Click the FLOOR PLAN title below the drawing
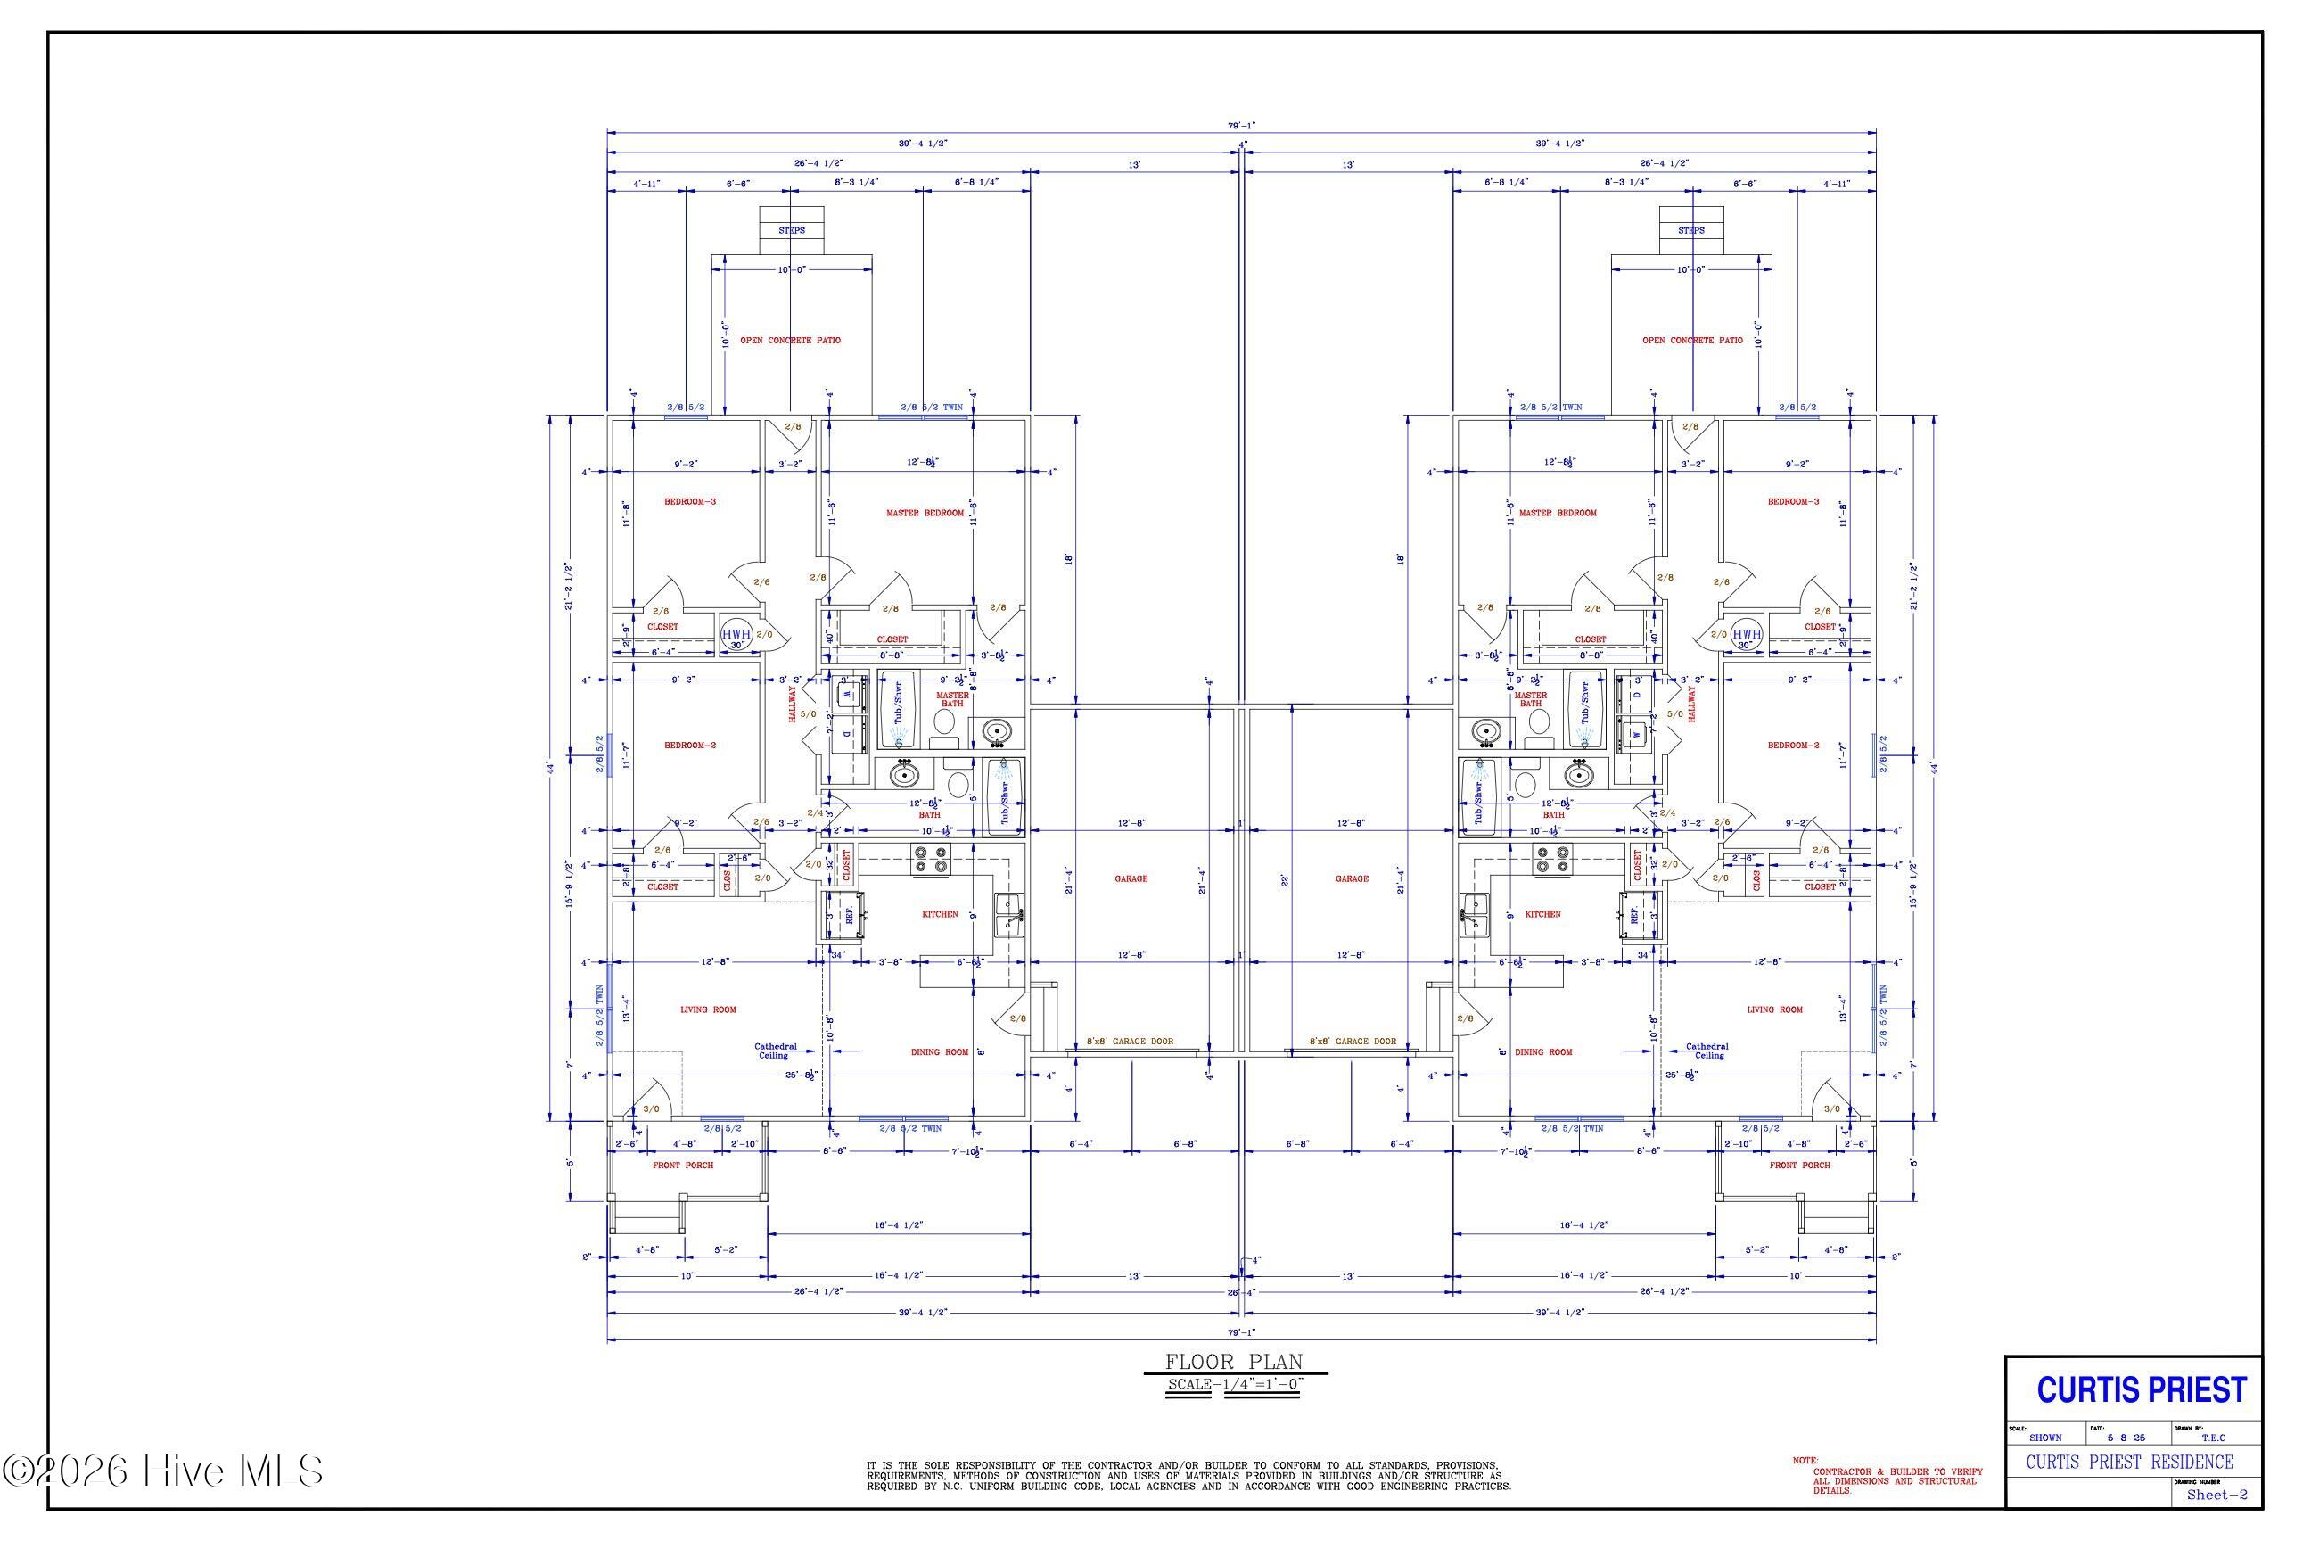pos(1233,1361)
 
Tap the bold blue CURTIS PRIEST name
pos(2141,1389)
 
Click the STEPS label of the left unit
pos(791,230)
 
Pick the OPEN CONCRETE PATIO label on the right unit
pos(1692,340)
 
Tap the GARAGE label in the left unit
pos(1131,878)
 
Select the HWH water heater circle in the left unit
pos(736,635)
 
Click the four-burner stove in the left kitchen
pos(931,860)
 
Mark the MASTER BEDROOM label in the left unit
pos(925,513)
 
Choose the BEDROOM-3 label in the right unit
pos(1793,501)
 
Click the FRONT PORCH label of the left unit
pos(683,1166)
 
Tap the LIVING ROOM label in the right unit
pos(1774,1009)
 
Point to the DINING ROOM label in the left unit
pos(940,1051)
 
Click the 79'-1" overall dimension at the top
pos(1241,125)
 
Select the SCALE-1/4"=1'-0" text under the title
pos(1233,1385)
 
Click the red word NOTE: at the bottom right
pos(1805,1461)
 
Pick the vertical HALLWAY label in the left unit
pos(793,704)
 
